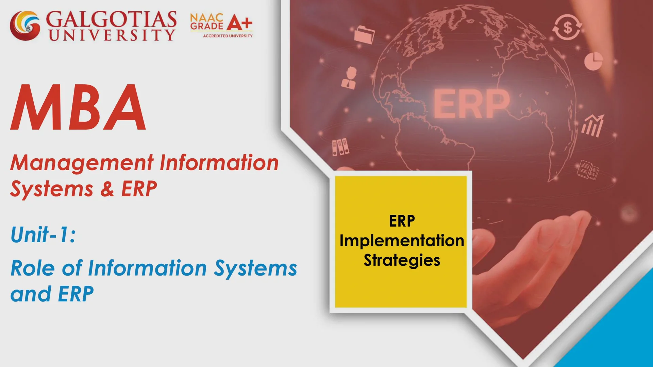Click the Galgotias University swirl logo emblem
click(x=25, y=26)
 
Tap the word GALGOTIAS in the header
click(x=111, y=19)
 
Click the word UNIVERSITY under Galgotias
click(x=112, y=35)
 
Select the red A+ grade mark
click(x=239, y=23)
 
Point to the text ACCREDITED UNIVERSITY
click(x=228, y=36)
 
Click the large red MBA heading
click(x=79, y=108)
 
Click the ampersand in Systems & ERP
click(x=107, y=189)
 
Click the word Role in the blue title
click(x=33, y=268)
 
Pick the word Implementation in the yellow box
click(x=402, y=241)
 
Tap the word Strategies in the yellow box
click(x=402, y=261)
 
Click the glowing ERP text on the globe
click(x=471, y=104)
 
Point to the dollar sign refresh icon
click(x=567, y=27)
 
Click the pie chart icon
click(x=593, y=61)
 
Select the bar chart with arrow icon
click(x=593, y=126)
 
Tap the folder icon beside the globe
click(x=364, y=35)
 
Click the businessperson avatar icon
click(x=350, y=78)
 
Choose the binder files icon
click(x=340, y=147)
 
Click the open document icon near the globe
click(x=588, y=170)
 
